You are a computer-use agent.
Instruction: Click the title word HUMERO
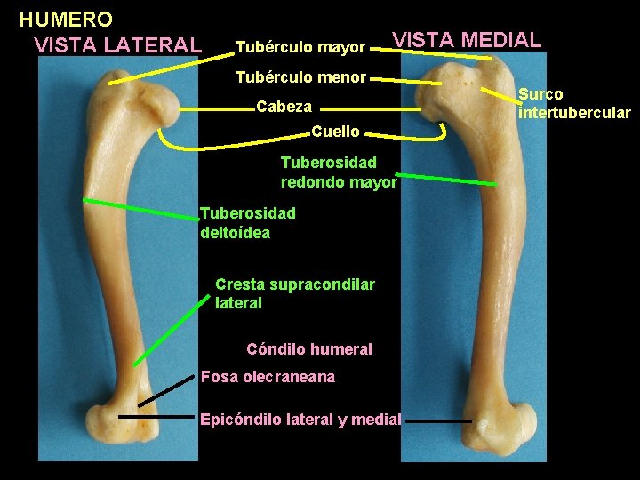tap(66, 19)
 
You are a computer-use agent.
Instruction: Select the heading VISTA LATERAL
tap(116, 44)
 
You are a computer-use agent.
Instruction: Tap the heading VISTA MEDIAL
tap(467, 40)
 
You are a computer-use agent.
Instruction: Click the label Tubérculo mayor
tap(300, 46)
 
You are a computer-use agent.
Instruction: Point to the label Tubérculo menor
tap(300, 77)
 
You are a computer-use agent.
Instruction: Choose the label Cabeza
tap(284, 107)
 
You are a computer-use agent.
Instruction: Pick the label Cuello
tap(335, 132)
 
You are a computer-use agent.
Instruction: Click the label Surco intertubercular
tap(574, 103)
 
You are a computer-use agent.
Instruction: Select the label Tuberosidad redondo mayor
tap(338, 172)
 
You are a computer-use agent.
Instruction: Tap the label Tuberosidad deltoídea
tap(247, 222)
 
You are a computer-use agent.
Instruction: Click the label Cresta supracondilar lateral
tap(294, 293)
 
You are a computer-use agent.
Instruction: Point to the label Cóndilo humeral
tap(308, 349)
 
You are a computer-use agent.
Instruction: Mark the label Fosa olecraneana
tap(268, 377)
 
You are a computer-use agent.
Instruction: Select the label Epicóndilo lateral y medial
tap(300, 419)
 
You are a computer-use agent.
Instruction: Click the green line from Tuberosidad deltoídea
tap(141, 212)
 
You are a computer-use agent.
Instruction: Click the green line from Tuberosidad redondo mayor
tap(446, 178)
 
